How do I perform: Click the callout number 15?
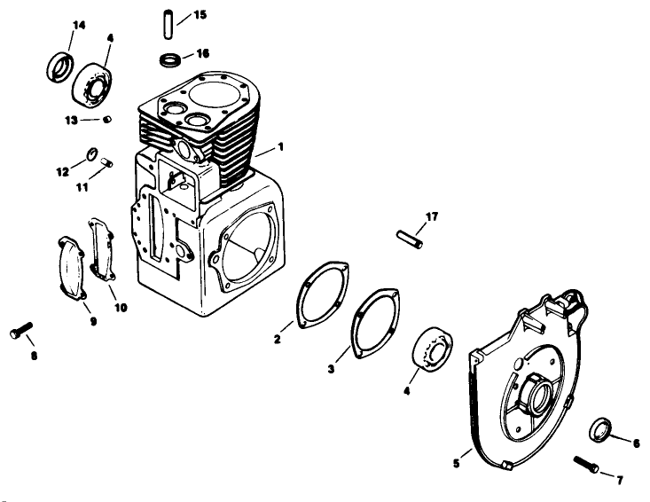[x=200, y=15]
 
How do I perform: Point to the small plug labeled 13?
[x=106, y=120]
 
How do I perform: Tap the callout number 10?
[x=120, y=307]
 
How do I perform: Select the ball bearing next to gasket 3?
[x=433, y=347]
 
